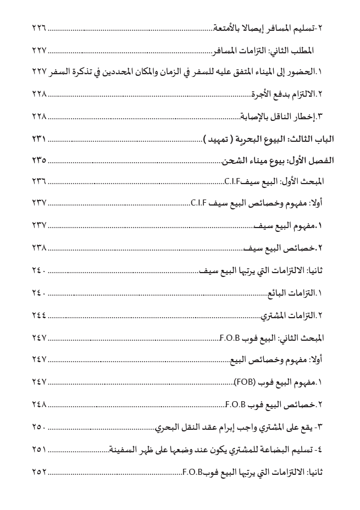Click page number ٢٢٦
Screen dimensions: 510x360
pos(38,27)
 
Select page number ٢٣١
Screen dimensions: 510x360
pos(38,138)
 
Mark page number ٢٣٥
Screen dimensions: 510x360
pos(38,160)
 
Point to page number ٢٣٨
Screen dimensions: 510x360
pos(38,248)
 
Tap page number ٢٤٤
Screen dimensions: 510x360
pos(38,315)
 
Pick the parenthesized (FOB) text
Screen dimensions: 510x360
pos(245,381)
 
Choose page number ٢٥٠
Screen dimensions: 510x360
pos(38,426)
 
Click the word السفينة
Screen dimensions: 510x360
pos(123,449)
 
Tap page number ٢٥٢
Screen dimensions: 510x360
pos(38,471)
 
